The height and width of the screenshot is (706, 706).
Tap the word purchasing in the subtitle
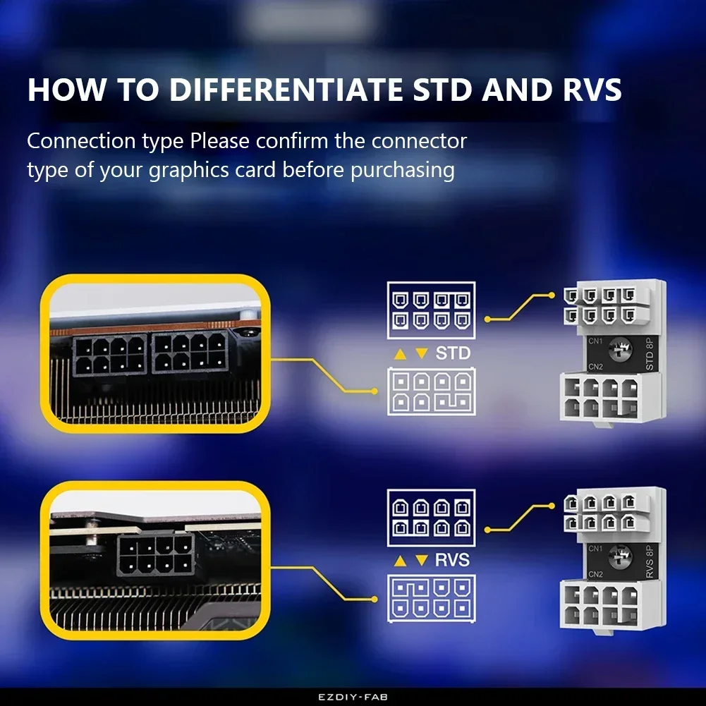(403, 170)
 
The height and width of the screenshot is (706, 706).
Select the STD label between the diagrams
(452, 353)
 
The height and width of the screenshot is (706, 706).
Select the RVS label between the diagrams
(452, 561)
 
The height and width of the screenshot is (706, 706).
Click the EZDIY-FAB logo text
(353, 697)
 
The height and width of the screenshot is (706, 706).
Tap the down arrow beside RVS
(421, 561)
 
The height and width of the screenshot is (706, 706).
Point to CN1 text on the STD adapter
(596, 341)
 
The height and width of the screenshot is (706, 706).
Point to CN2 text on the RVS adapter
(596, 573)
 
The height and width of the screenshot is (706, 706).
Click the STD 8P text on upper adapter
(650, 353)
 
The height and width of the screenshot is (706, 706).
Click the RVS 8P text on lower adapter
(650, 561)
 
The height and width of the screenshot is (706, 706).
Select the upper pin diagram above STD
(431, 310)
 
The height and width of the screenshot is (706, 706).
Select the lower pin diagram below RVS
(431, 598)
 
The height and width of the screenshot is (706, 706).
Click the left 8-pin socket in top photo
(109, 354)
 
